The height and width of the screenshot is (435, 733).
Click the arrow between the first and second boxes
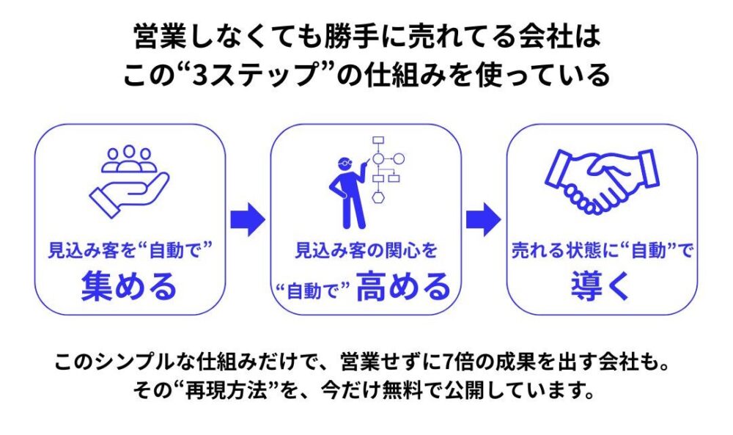248,219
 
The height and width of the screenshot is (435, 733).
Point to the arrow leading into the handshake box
484,219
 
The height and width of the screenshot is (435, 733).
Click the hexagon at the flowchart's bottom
379,197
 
